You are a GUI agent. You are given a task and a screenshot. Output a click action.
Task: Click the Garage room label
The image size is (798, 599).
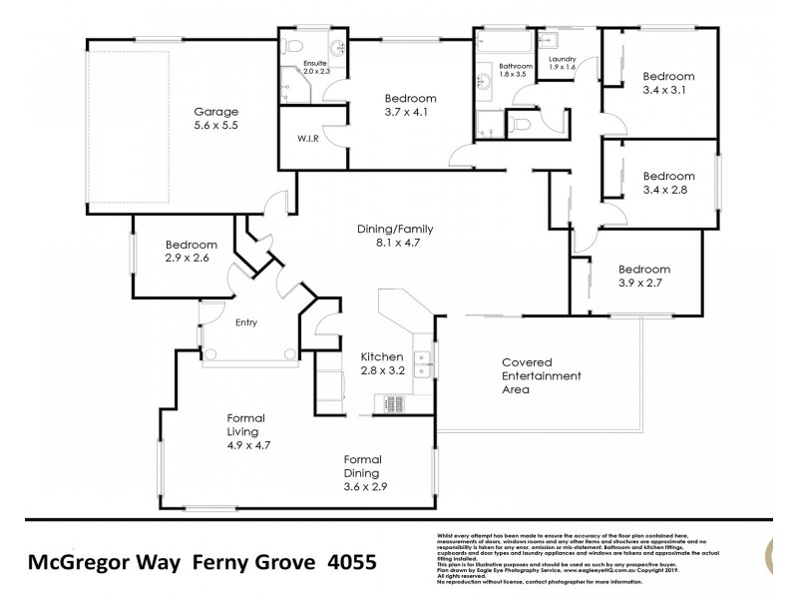(215, 112)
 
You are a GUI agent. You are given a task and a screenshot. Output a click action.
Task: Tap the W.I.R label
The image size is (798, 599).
(306, 139)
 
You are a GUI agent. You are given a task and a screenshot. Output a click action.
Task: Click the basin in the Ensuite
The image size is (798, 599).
(336, 47)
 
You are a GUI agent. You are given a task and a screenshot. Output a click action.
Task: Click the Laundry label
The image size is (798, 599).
(563, 60)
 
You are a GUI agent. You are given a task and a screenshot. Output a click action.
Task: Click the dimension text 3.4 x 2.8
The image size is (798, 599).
(666, 189)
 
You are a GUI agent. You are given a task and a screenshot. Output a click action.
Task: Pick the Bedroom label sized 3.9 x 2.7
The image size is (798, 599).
(643, 269)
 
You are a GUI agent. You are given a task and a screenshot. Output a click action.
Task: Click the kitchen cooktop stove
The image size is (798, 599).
(390, 403)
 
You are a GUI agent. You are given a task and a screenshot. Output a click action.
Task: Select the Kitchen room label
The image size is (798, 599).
(382, 356)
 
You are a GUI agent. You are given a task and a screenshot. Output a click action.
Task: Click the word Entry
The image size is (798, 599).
(245, 322)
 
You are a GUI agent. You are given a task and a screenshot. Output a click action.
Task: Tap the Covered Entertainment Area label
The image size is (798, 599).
(540, 375)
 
